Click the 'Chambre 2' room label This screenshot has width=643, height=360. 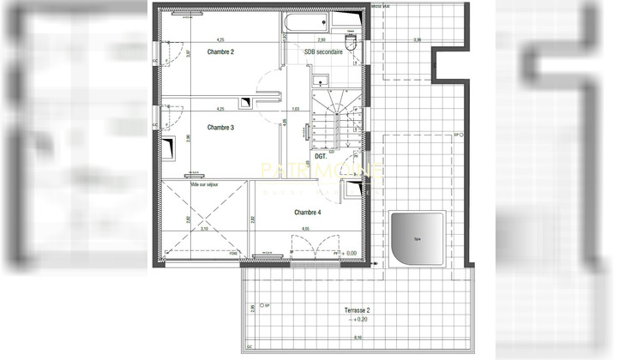pyautogui.click(x=220, y=52)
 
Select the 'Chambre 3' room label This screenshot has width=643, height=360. pyautogui.click(x=220, y=127)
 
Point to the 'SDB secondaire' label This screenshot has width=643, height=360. pyautogui.click(x=322, y=52)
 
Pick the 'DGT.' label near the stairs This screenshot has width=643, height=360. pyautogui.click(x=321, y=158)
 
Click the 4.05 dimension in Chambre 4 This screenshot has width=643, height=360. pyautogui.click(x=306, y=229)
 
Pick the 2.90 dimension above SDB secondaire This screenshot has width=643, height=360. pyautogui.click(x=321, y=40)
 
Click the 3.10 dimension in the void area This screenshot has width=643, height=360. pyautogui.click(x=204, y=229)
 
